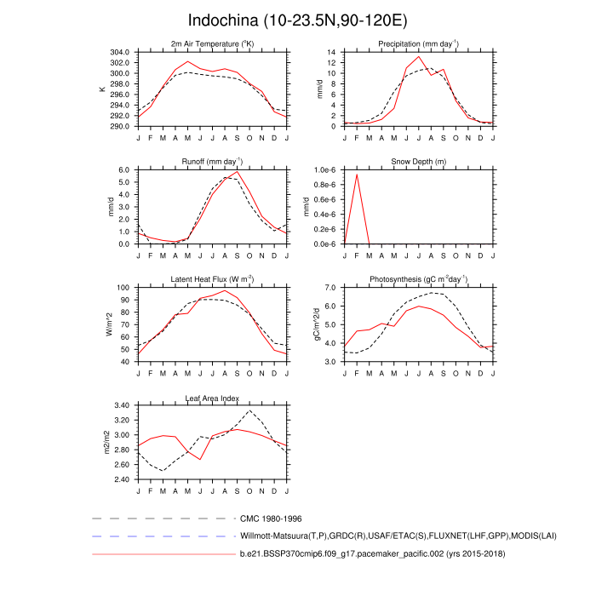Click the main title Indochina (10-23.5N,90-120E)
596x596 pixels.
[x=297, y=20]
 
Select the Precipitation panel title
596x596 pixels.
[x=418, y=43]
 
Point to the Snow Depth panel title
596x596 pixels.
[x=418, y=162]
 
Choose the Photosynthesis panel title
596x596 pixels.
[x=418, y=279]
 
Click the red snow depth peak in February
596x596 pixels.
[x=357, y=174]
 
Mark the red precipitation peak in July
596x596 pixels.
[x=418, y=57]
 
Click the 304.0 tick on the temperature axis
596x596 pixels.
[x=118, y=52]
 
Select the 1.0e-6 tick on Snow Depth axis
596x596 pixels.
[x=326, y=170]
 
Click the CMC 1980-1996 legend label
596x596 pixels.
[x=271, y=518]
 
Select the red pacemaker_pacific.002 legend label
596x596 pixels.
[x=369, y=554]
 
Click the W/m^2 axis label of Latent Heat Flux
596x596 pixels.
[x=108, y=324]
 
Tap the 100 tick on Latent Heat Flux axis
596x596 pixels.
[x=122, y=288]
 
